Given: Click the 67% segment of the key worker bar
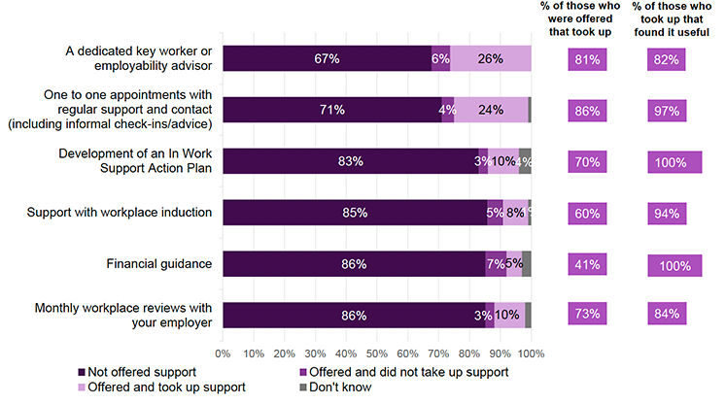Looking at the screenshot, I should (327, 58).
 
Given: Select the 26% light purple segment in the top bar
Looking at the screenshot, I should (491, 58).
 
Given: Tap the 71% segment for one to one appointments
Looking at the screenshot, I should (332, 110).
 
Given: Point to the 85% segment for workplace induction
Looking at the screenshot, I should (354, 213).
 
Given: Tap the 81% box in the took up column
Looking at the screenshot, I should (587, 59).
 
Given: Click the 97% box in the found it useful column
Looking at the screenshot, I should (666, 111).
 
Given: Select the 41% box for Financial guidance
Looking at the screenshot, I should (587, 264).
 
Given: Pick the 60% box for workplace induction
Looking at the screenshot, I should (587, 213).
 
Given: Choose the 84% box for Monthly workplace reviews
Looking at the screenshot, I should (666, 316).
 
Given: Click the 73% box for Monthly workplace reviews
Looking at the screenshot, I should (587, 316).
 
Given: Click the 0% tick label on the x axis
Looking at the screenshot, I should (223, 353).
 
